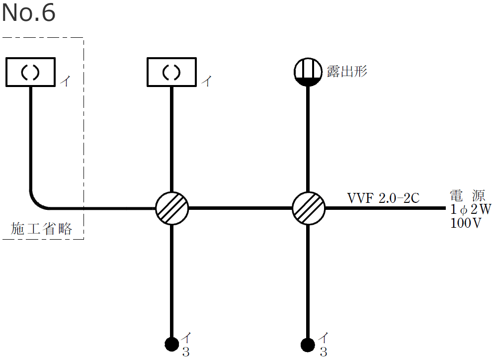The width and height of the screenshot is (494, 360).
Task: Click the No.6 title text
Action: click(x=28, y=13)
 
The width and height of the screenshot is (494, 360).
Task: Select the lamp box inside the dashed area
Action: click(x=30, y=72)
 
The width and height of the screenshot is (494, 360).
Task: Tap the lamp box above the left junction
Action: click(x=172, y=72)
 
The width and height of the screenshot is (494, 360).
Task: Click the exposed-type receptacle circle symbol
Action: click(x=308, y=72)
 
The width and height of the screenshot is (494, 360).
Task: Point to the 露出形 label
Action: click(x=346, y=71)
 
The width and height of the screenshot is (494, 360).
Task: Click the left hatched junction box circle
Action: click(x=172, y=208)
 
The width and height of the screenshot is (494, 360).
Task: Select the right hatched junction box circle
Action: click(x=308, y=208)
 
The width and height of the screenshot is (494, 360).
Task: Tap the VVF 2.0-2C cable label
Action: click(x=384, y=198)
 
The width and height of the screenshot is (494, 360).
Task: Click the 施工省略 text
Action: click(x=42, y=229)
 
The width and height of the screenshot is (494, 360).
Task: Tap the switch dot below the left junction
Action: click(x=172, y=344)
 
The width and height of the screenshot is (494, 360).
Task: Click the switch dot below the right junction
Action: click(x=308, y=344)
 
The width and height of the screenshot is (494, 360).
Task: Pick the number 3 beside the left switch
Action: click(x=186, y=353)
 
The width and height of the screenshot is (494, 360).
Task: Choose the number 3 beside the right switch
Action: click(x=323, y=353)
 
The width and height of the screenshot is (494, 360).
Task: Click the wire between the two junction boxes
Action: click(x=240, y=208)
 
